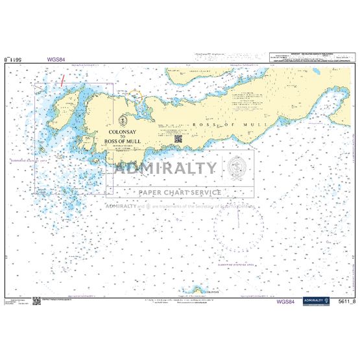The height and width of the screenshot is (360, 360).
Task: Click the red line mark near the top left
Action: point(62,81)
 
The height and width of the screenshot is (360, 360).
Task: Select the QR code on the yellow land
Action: point(178,138)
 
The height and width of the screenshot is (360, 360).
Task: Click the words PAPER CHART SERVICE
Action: point(179,192)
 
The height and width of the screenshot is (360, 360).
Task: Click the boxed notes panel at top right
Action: point(307,59)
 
